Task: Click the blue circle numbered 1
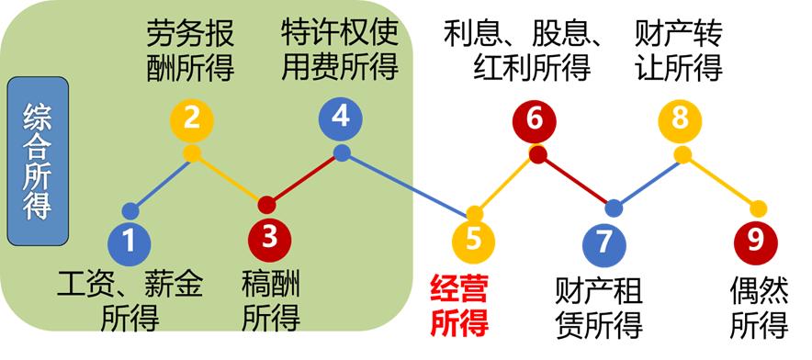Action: [130, 241]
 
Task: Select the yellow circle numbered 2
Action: [192, 118]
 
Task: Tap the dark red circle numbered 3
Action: [268, 237]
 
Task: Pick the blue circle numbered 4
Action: [341, 117]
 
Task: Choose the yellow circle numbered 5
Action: [474, 240]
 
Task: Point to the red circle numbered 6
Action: [536, 118]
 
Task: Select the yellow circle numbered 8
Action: [681, 118]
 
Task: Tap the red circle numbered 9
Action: [756, 241]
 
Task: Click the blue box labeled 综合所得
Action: [37, 162]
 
